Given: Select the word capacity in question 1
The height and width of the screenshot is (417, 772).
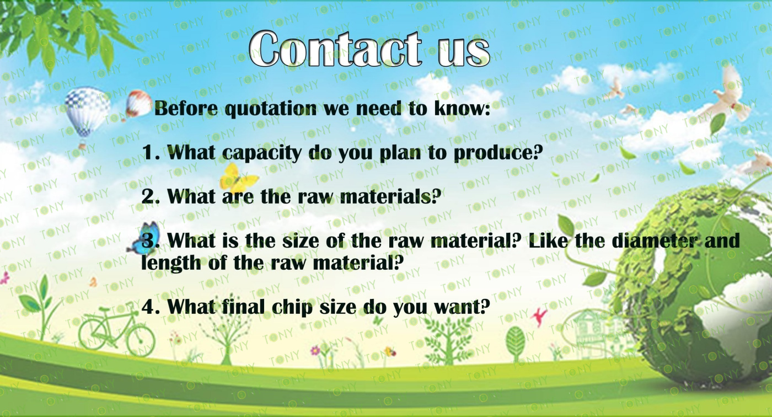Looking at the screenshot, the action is pyautogui.click(x=262, y=153).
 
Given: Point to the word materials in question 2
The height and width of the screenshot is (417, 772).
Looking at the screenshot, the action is pyautogui.click(x=387, y=196).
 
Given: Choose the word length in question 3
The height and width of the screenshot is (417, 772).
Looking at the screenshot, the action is pyautogui.click(x=171, y=263).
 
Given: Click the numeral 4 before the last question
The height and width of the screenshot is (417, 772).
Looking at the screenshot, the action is pyautogui.click(x=148, y=307).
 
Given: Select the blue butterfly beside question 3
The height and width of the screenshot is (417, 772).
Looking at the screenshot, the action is pyautogui.click(x=144, y=238).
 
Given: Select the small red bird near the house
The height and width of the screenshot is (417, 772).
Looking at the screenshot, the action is pyautogui.click(x=538, y=317).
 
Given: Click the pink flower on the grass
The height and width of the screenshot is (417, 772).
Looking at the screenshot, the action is pyautogui.click(x=315, y=351).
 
